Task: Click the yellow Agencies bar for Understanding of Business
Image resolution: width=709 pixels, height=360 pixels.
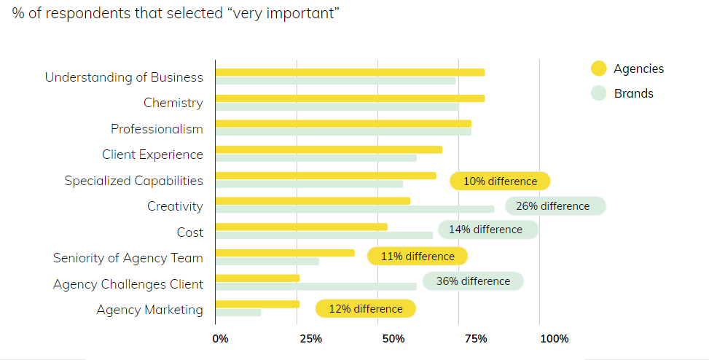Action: [350, 72]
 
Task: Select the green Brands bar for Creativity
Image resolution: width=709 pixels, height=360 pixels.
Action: [355, 209]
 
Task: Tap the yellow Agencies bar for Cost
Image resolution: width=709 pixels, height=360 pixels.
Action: [301, 227]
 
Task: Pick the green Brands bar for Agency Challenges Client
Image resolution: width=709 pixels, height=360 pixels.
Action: [316, 286]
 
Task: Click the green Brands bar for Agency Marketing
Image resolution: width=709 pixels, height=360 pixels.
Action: [238, 313]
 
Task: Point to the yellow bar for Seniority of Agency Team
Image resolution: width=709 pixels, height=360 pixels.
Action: [285, 253]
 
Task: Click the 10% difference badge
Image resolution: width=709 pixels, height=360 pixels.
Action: [500, 181]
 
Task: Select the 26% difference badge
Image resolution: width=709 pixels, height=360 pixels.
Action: [555, 206]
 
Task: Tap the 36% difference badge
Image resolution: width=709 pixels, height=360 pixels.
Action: [473, 281]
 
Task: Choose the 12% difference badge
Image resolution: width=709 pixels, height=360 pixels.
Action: [365, 309]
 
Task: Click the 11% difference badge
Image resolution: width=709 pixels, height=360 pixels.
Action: [417, 256]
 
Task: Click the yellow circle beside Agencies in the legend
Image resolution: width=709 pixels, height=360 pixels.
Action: [599, 69]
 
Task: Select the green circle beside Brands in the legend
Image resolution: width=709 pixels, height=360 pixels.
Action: [599, 93]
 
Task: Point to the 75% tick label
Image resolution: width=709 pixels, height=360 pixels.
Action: [476, 339]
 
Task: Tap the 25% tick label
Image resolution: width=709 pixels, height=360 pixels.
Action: [310, 339]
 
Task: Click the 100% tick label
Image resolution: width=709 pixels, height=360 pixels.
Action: [554, 339]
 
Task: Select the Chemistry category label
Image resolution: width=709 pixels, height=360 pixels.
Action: [173, 103]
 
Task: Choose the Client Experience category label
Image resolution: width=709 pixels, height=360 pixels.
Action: [152, 154]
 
